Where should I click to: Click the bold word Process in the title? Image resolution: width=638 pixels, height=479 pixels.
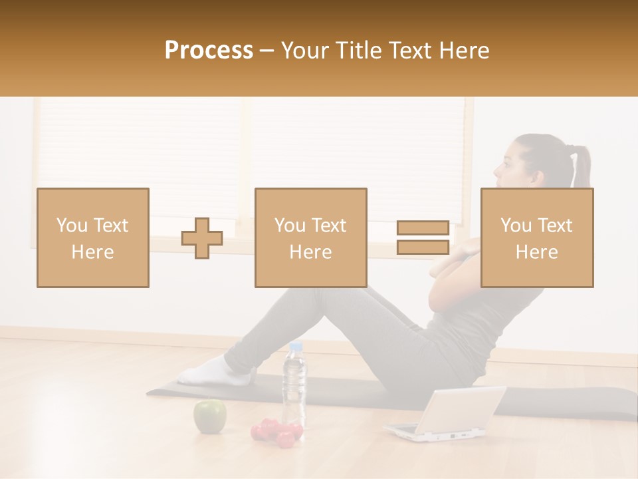[209, 51]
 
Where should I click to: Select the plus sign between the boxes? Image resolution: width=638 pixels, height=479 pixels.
[202, 238]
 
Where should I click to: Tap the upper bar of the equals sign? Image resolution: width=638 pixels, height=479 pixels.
[423, 228]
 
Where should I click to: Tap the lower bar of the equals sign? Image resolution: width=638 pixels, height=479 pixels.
[423, 247]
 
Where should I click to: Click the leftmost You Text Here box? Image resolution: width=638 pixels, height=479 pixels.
[93, 238]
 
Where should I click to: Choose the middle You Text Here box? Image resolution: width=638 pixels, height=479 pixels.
[310, 238]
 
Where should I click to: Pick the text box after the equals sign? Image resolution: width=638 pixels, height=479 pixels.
[537, 238]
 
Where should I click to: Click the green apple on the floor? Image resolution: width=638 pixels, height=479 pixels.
[209, 416]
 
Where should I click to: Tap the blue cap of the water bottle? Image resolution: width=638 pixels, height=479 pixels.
[295, 347]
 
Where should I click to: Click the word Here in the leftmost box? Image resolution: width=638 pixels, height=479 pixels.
[92, 252]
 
